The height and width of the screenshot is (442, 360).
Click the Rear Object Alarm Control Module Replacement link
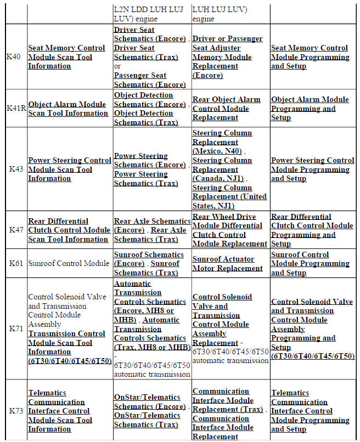pyautogui.click(x=226, y=109)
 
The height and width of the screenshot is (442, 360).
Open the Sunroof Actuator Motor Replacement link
pyautogui.click(x=227, y=264)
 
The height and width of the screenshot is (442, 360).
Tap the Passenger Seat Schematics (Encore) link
pyautogui.click(x=149, y=80)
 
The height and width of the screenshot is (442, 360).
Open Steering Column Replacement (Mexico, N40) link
pyautogui.click(x=222, y=142)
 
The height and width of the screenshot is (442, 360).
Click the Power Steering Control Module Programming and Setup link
pyautogui.click(x=312, y=169)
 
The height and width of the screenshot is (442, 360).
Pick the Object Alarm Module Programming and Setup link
pyautogui.click(x=310, y=109)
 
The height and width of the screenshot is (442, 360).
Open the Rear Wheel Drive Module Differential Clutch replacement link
pyautogui.click(x=229, y=230)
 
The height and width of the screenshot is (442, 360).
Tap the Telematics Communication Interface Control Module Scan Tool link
pyautogui.click(x=60, y=411)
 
